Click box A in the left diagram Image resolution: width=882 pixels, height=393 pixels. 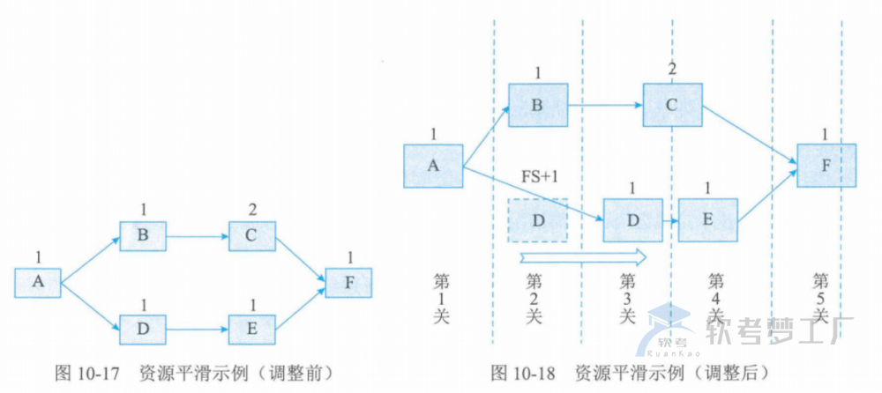coord(38,282)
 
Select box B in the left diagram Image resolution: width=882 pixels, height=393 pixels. coord(142,236)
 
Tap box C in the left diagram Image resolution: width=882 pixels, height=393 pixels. coord(251,236)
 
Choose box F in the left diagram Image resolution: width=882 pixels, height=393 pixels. coord(348,283)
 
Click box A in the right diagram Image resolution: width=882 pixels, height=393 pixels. coord(433,166)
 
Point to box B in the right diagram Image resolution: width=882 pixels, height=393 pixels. coord(538,106)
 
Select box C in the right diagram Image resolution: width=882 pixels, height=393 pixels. coord(672,106)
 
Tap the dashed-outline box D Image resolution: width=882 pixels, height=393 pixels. coord(538,219)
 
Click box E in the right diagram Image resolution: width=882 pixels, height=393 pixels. coord(707,219)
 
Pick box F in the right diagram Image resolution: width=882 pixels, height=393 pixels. coord(826,165)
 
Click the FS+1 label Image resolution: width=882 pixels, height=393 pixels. coord(539,176)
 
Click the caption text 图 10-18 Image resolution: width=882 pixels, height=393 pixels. coord(524,373)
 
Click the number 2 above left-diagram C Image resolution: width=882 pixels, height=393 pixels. coord(252,209)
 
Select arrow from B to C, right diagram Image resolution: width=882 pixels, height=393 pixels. coord(604,106)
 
